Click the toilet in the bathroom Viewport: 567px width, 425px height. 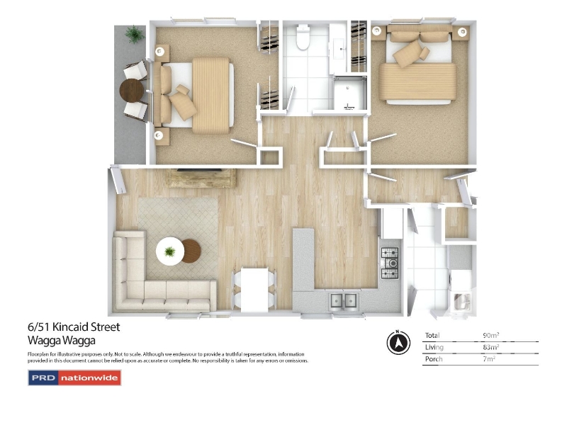[x=303, y=37]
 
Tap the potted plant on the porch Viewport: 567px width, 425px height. [x=135, y=34]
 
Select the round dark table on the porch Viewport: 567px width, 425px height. [x=132, y=91]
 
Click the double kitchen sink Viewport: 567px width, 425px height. [x=344, y=301]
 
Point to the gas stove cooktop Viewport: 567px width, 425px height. [x=390, y=263]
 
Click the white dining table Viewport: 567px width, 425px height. [x=254, y=290]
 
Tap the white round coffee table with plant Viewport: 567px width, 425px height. [x=170, y=251]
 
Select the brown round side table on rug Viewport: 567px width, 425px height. [x=191, y=251]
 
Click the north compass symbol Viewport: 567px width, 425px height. [x=398, y=342]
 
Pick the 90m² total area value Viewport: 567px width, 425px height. [x=490, y=335]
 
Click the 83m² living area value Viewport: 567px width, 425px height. [x=490, y=347]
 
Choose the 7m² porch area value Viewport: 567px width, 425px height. [x=489, y=359]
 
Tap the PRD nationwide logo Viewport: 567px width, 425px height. [x=74, y=378]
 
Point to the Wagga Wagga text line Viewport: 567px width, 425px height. [x=62, y=341]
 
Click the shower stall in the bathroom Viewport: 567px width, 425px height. [x=349, y=93]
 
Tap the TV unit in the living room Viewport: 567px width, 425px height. [x=201, y=178]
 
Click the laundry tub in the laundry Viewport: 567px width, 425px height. [x=461, y=302]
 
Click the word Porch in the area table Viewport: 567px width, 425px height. [x=434, y=359]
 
